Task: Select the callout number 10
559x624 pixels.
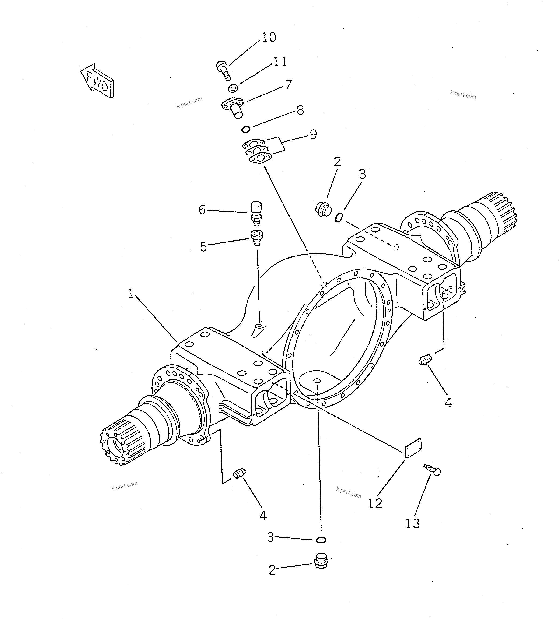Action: pos(269,37)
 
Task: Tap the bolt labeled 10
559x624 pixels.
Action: pos(223,70)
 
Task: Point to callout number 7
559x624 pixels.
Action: pos(288,84)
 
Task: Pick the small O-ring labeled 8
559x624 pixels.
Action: pos(245,129)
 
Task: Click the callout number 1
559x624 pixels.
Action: pos(131,294)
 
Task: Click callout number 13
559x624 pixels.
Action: pos(412,523)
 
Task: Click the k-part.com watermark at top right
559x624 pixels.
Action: pos(463,95)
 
